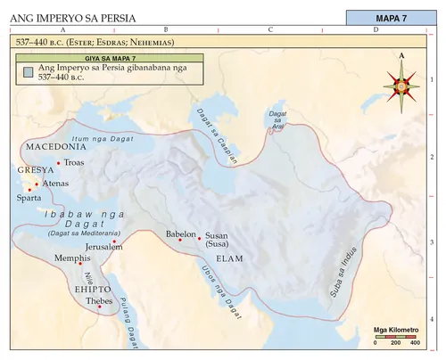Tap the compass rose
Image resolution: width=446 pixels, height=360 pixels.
click(x=401, y=86)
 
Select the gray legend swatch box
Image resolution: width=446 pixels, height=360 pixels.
click(x=29, y=72)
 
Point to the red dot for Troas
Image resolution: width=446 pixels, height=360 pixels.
click(x=59, y=162)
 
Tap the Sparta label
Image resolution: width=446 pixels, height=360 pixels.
click(x=29, y=199)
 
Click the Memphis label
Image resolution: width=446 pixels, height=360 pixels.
click(x=72, y=258)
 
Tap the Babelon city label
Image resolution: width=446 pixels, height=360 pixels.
click(x=180, y=234)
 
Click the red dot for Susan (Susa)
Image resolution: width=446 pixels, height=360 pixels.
click(x=199, y=238)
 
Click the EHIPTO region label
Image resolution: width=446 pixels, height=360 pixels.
click(x=93, y=290)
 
